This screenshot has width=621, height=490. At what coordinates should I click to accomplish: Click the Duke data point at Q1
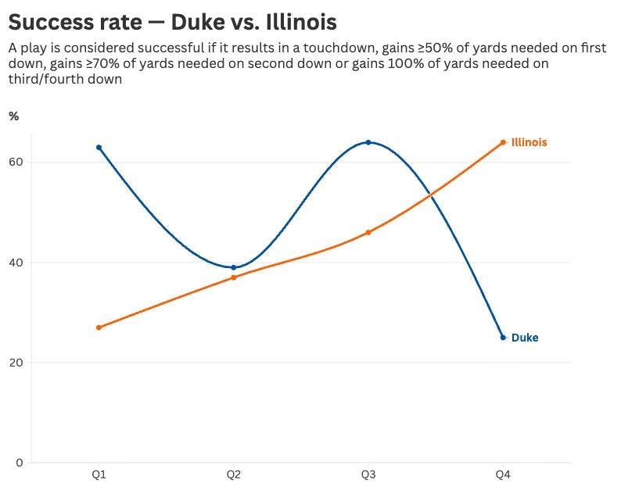pos(99,147)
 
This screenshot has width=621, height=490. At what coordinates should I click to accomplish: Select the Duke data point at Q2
pos(233,267)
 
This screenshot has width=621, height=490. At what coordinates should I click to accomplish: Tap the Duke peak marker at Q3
pos(368,142)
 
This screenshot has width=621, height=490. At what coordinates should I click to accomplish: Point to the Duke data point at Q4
pos(503,337)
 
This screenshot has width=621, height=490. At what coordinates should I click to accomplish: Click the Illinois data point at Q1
pos(99,327)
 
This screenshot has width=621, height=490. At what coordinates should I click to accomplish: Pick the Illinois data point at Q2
pos(233,277)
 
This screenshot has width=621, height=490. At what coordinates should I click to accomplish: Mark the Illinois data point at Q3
pos(368,232)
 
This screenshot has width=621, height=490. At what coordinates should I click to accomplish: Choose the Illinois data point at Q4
pos(503,142)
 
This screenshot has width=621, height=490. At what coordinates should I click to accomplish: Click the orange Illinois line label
pos(529,142)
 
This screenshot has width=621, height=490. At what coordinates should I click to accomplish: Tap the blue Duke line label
pos(525,338)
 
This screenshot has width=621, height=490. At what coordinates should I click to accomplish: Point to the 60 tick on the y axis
pos(16,163)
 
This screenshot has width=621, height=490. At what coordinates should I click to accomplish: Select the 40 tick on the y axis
pos(16,263)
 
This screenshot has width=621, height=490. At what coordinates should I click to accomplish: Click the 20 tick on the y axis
pos(16,363)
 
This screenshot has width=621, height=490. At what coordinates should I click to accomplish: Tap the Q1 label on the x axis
pos(99,475)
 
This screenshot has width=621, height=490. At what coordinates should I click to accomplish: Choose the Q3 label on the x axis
pos(368,475)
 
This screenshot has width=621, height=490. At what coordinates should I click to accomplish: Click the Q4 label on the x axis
pos(503,475)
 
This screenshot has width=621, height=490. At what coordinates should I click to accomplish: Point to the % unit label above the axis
pos(13,116)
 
